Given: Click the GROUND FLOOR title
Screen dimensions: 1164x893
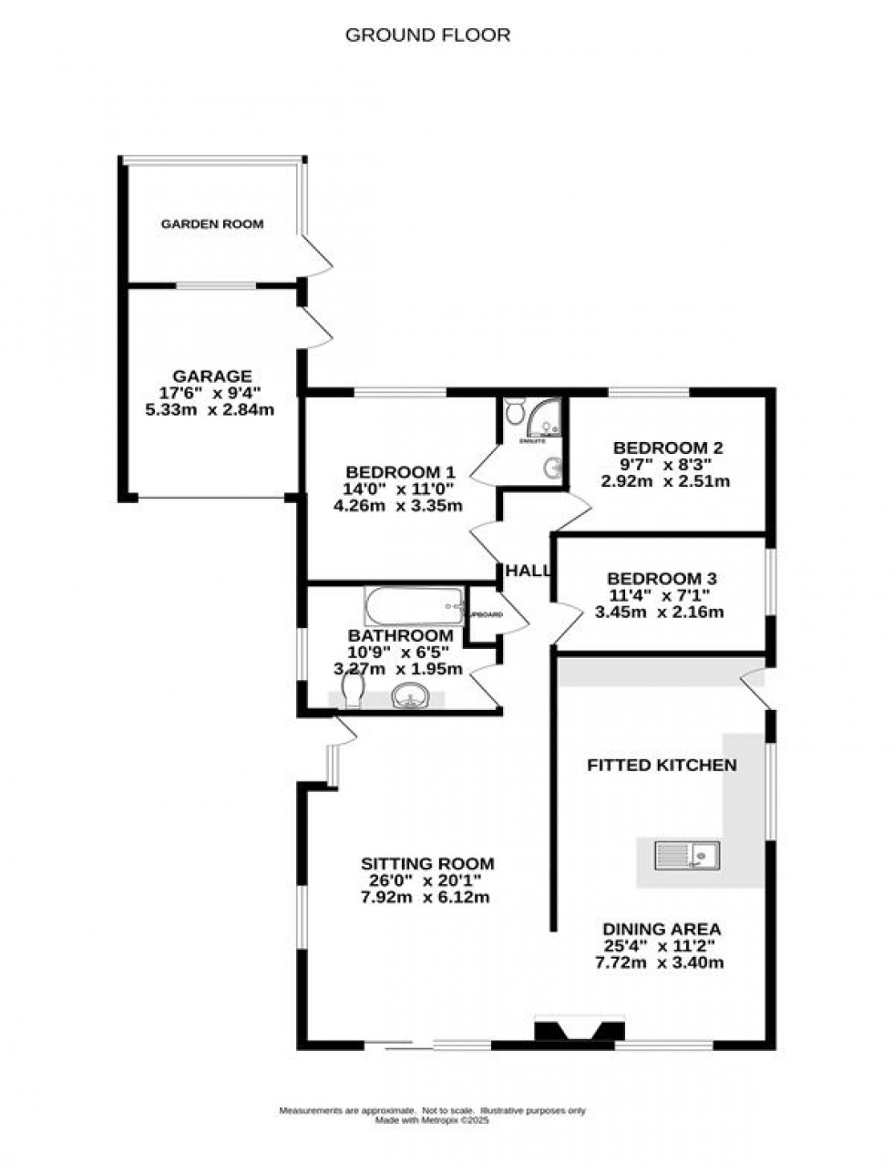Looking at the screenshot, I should point(427,36).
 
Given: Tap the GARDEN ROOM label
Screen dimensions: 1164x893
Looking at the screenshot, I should point(212,224).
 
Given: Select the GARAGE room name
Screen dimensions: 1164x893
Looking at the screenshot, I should point(212,376).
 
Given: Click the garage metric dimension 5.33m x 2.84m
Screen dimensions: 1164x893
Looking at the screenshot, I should point(210,410).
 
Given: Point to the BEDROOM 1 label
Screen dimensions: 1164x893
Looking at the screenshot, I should point(399,472).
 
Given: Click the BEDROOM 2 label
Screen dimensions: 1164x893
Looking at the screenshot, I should point(668,448).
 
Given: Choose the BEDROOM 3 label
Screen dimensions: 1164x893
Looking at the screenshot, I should point(662,578).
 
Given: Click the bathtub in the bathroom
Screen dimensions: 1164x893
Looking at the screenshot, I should point(414,604).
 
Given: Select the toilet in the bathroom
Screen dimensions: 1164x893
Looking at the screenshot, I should point(354,696).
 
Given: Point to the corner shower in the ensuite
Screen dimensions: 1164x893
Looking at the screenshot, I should point(545,418).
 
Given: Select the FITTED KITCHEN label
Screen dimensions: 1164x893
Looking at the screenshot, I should point(661,765).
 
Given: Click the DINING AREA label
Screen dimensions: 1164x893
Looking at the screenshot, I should point(662,929).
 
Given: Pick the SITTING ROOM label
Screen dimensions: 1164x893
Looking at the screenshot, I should point(427,863).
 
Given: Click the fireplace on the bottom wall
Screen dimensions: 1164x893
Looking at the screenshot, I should point(580,1032).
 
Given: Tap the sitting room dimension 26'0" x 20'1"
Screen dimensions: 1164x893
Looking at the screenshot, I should point(427,881).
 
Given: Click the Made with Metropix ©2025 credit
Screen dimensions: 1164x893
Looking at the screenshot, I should point(433,1121).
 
